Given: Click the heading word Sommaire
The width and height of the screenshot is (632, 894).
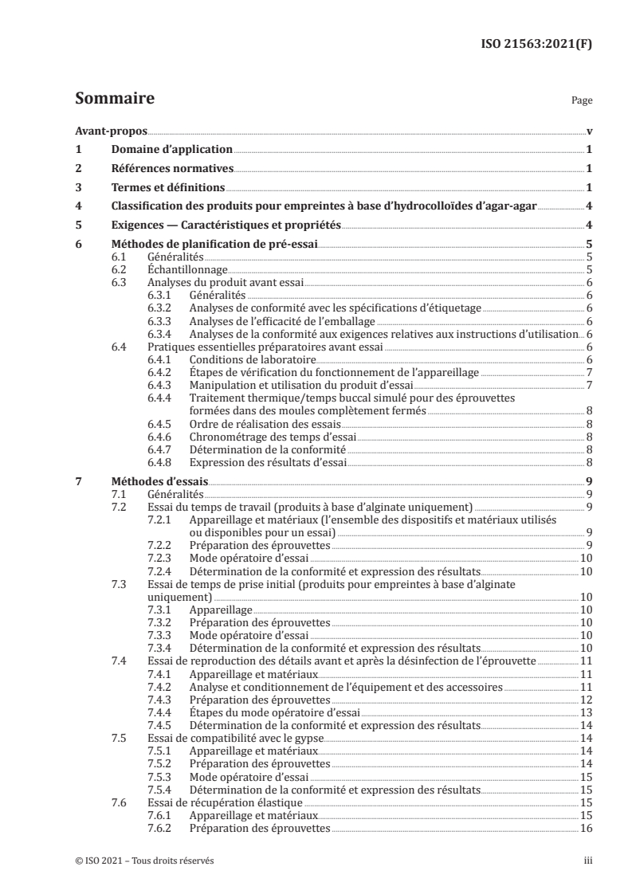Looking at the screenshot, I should [114, 100].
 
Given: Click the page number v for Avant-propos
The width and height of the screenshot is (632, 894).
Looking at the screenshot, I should [588, 131].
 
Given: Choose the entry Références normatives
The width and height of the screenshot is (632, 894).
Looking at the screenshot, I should [172, 169].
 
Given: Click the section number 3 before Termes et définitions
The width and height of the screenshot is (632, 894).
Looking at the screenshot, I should [78, 188].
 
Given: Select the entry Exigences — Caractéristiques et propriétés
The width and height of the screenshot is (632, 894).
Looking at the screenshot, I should [226, 225].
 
